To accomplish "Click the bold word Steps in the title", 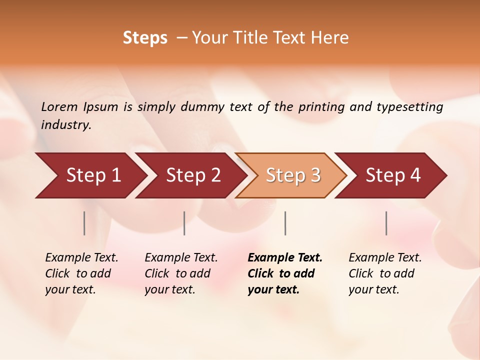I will coord(145,38).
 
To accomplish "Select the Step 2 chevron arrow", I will coord(193,175).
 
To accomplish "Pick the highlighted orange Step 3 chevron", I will coord(293,175).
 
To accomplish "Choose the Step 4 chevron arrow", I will coord(393,175).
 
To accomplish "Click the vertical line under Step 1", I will coord(84,223).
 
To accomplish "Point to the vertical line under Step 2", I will coord(184,223).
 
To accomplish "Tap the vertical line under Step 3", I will coord(285,223).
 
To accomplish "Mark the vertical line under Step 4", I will coord(386,223).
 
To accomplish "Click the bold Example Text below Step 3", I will coord(284,273).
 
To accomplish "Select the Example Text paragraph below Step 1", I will coord(81,273).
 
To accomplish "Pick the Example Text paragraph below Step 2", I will coord(181,273).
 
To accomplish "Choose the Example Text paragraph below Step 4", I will coord(385,273).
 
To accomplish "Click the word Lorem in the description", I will coord(59,106).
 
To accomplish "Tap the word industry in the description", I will coord(66,124).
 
